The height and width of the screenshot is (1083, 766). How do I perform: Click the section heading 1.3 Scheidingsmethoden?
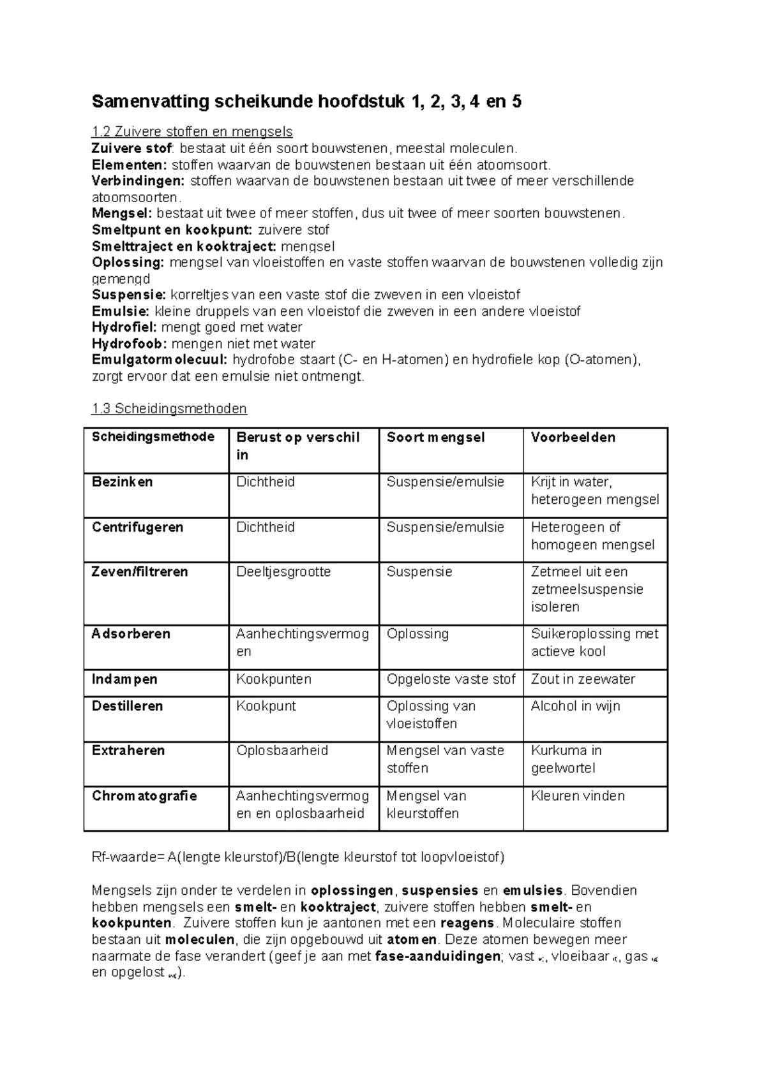(x=169, y=409)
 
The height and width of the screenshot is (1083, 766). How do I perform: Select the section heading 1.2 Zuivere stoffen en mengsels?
(x=192, y=132)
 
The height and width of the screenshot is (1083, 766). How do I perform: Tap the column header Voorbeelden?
(x=573, y=438)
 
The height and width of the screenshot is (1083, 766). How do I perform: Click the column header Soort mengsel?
(x=435, y=438)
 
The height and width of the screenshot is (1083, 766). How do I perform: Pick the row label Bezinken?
(x=123, y=482)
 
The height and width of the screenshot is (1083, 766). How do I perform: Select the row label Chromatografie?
(x=144, y=796)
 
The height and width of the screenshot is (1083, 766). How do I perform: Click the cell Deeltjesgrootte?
(x=283, y=572)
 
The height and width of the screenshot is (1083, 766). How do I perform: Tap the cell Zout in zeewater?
(x=583, y=679)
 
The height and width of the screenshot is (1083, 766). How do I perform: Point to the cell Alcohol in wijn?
(x=575, y=706)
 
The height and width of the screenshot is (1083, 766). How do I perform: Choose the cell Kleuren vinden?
(x=578, y=796)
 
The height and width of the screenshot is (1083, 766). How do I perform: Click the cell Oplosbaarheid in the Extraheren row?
(x=282, y=751)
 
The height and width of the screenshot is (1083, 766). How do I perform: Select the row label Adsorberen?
(x=131, y=634)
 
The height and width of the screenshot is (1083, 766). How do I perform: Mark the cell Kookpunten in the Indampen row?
(x=274, y=679)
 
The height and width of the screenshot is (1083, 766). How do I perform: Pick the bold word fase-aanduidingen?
(x=438, y=956)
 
